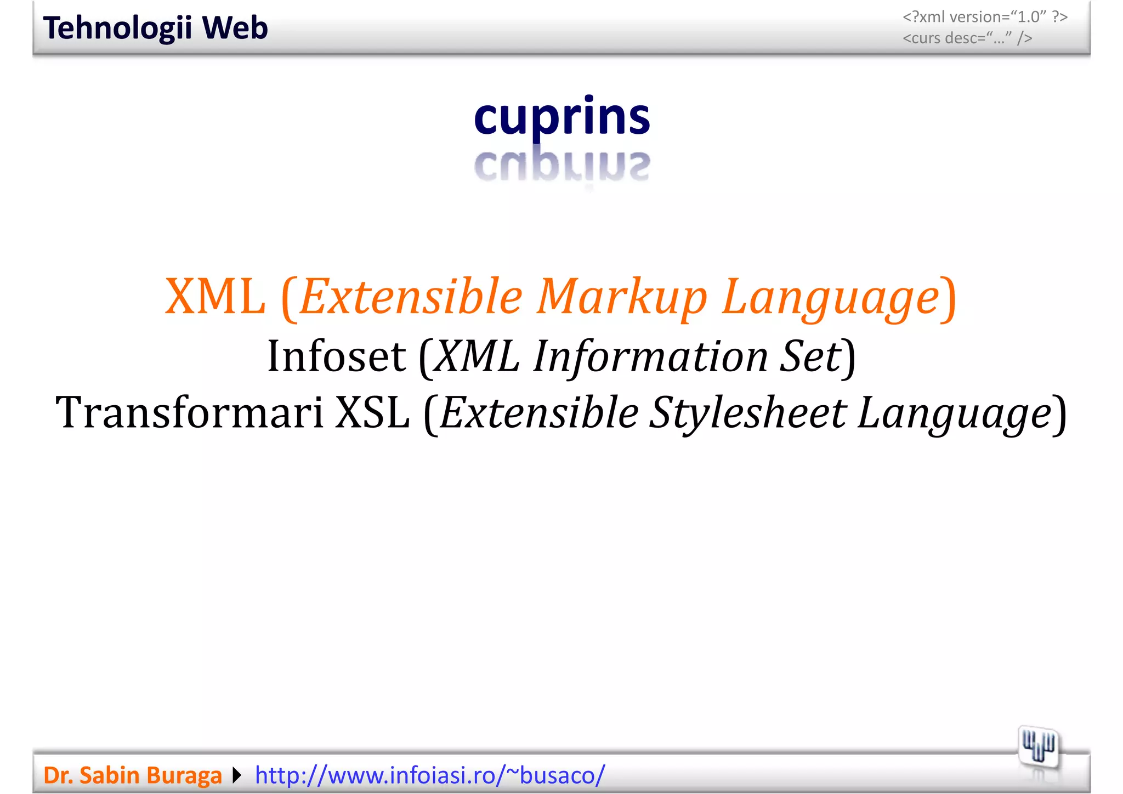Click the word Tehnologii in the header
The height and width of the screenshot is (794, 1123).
pyautogui.click(x=117, y=28)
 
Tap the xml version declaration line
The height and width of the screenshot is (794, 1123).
pyautogui.click(x=985, y=17)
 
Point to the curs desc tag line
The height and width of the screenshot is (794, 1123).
pyautogui.click(x=967, y=38)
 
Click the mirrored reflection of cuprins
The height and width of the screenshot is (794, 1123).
pyautogui.click(x=562, y=166)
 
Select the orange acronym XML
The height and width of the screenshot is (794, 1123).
pyautogui.click(x=215, y=297)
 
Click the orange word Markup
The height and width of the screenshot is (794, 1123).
pyautogui.click(x=622, y=297)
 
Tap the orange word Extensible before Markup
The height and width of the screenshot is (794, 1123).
pyautogui.click(x=411, y=297)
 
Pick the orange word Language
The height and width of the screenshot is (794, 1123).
pyautogui.click(x=831, y=297)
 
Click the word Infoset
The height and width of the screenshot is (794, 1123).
pyautogui.click(x=337, y=356)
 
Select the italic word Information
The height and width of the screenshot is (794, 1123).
pyautogui.click(x=651, y=356)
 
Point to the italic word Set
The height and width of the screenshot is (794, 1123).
pyautogui.click(x=810, y=356)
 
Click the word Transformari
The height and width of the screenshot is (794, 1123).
pyautogui.click(x=189, y=412)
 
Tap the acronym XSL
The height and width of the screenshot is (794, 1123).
pyautogui.click(x=372, y=412)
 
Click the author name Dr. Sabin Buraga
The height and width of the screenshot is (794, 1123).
pyautogui.click(x=133, y=775)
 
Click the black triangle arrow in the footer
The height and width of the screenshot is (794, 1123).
pyautogui.click(x=237, y=775)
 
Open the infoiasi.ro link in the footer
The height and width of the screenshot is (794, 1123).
pyautogui.click(x=430, y=775)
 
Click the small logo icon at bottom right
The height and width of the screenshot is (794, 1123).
pyautogui.click(x=1038, y=747)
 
